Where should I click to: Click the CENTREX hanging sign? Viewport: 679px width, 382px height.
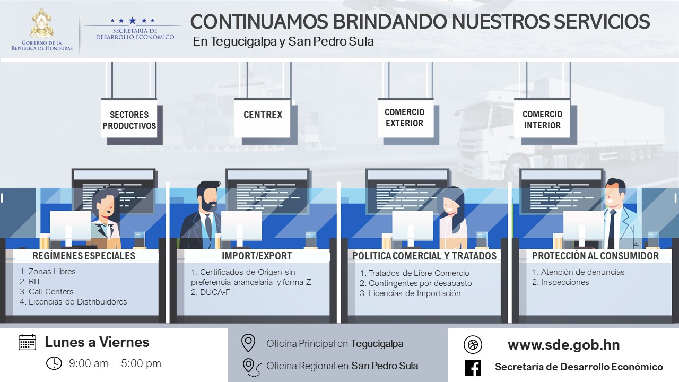[263, 115]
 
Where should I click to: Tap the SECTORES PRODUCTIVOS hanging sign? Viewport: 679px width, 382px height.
[129, 120]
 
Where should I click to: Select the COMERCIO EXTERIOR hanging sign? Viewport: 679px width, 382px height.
[404, 118]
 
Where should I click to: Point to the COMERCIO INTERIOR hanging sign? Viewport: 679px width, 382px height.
[542, 120]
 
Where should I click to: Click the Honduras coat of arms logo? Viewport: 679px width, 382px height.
[42, 24]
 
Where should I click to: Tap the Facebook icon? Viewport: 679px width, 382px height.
[473, 368]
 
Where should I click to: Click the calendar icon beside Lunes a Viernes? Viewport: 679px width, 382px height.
[27, 342]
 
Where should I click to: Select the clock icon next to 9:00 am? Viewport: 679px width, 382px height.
[54, 363]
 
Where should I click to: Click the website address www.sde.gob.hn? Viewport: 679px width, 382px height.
[563, 345]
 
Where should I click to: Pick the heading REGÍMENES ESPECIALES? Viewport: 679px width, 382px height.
[84, 256]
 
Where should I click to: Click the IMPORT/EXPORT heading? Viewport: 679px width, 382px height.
[257, 256]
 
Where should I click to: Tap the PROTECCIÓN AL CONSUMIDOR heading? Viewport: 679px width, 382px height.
[595, 256]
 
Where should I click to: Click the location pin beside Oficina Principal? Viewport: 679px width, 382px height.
[248, 343]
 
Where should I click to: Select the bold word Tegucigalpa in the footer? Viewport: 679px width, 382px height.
[377, 344]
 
